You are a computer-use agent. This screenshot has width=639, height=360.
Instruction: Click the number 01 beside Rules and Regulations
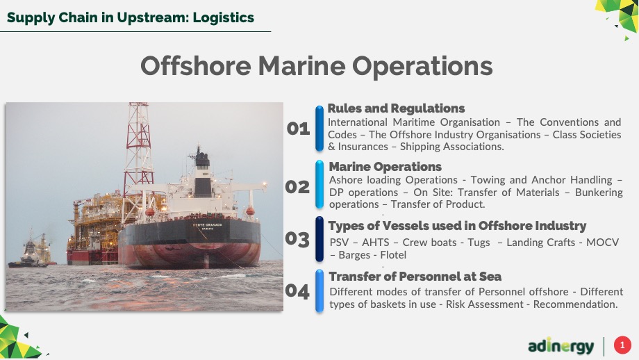coord(298,129)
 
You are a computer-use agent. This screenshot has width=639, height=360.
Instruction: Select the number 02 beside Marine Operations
coord(297,187)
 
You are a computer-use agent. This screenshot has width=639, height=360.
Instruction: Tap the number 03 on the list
coord(297,239)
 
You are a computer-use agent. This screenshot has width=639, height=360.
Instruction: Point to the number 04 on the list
coord(297,291)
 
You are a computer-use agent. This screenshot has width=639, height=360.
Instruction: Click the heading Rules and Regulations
coord(396,108)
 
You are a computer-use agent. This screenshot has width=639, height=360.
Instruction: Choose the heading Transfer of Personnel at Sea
coord(415,277)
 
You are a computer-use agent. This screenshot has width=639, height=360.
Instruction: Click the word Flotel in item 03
coord(393,255)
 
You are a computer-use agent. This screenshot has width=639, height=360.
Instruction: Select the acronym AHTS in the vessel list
coord(375,243)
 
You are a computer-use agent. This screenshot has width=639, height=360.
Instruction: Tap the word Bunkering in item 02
coord(599,193)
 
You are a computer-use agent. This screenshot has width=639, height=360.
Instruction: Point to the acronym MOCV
coord(602,243)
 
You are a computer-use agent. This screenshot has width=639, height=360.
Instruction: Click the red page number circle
coord(622,345)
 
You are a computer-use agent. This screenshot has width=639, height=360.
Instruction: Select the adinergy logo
coord(561,346)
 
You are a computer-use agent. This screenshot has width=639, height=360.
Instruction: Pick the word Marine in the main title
coord(301,65)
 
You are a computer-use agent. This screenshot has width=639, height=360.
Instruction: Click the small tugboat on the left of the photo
coord(29,254)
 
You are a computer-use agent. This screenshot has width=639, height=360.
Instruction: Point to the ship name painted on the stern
coord(207,225)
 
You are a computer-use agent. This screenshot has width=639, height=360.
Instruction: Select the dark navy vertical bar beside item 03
coord(319,239)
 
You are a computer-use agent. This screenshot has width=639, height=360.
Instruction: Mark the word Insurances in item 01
coord(363,147)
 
